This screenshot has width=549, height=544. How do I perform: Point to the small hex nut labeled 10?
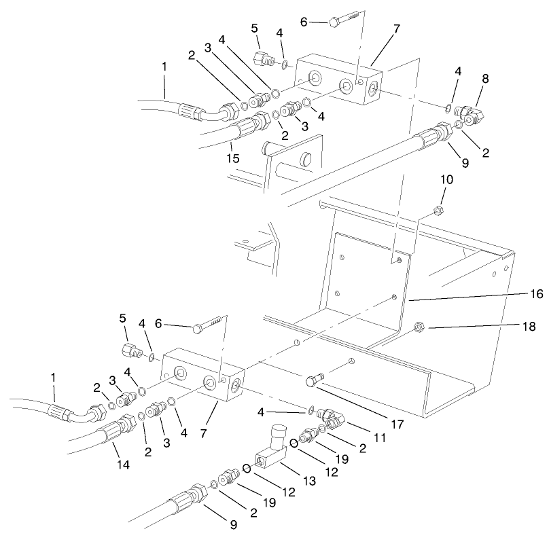(x=439, y=210)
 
